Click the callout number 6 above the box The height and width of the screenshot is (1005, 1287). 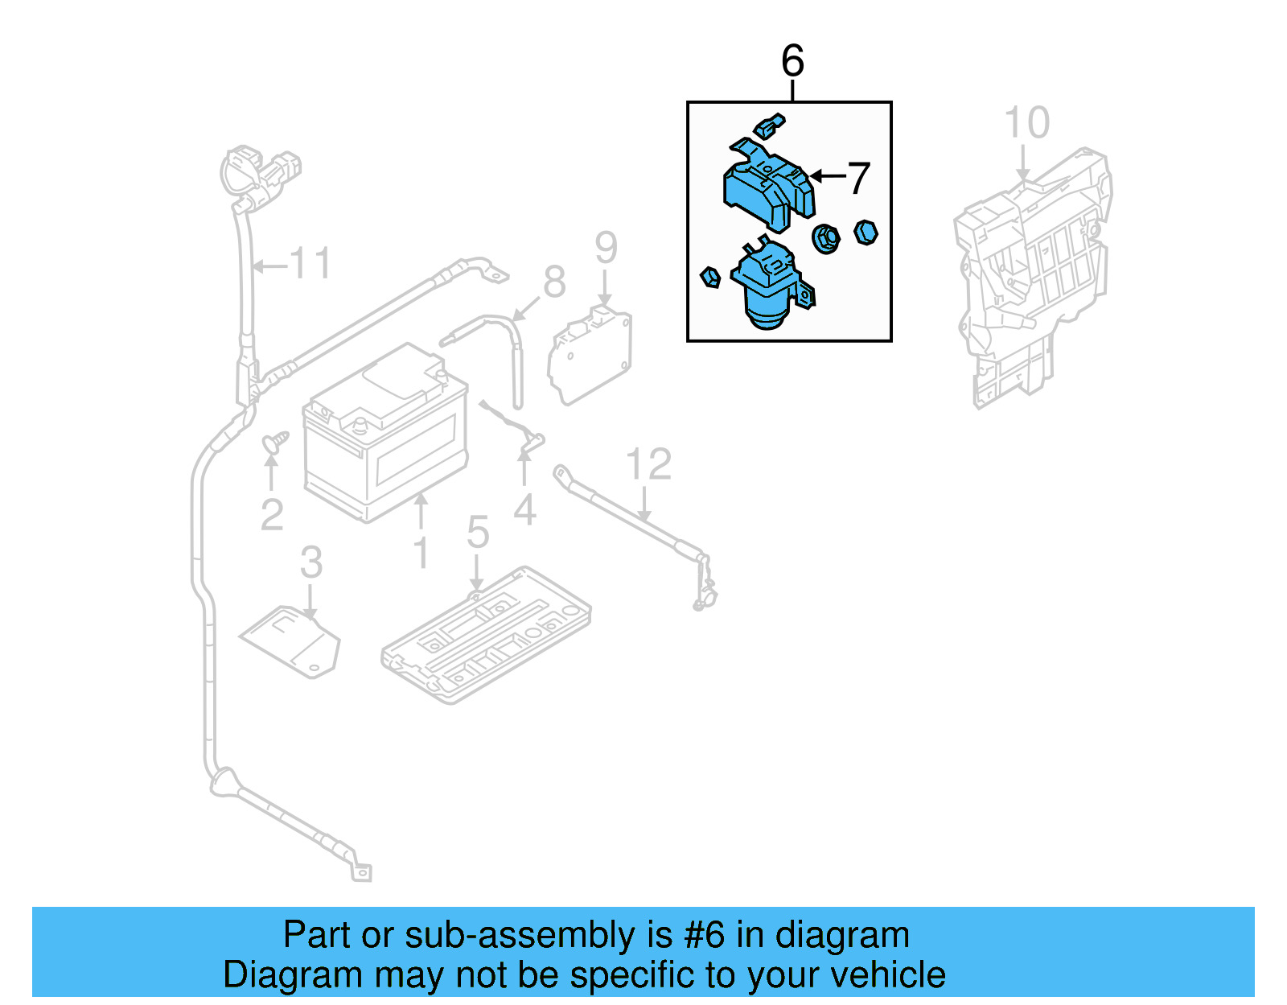792,61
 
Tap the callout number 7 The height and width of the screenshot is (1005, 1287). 859,178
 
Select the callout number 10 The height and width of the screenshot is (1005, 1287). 1027,123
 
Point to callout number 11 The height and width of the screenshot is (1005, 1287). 310,263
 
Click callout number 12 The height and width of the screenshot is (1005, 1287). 648,464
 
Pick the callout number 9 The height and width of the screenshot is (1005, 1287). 606,248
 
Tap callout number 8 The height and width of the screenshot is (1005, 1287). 554,282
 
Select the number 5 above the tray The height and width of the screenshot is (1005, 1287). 478,533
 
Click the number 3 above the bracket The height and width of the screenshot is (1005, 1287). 311,562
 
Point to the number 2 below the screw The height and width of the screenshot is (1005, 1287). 272,515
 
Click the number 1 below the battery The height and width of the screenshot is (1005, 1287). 421,553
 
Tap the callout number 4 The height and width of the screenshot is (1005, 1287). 524,510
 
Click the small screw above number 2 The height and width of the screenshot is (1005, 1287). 274,441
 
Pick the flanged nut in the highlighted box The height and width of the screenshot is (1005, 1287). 826,238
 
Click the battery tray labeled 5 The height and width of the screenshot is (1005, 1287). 487,634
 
